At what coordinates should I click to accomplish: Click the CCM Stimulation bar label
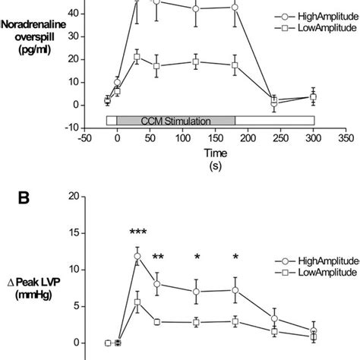tap(175, 120)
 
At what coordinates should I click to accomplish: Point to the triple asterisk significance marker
tap(137, 232)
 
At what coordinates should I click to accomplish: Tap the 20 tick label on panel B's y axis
tap(73, 196)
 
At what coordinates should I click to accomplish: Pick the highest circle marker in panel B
tap(137, 257)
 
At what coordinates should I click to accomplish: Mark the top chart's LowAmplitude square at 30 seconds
tap(137, 56)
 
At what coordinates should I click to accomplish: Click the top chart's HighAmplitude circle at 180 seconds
tap(235, 7)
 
